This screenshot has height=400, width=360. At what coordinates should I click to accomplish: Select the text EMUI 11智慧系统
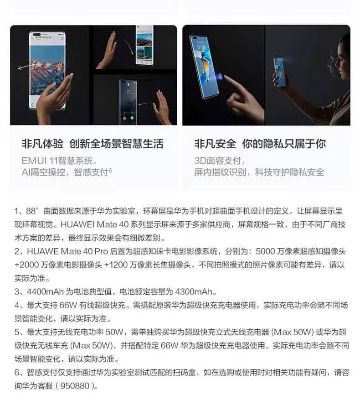point(59,161)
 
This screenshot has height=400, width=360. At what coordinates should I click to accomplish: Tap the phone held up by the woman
point(280,72)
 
